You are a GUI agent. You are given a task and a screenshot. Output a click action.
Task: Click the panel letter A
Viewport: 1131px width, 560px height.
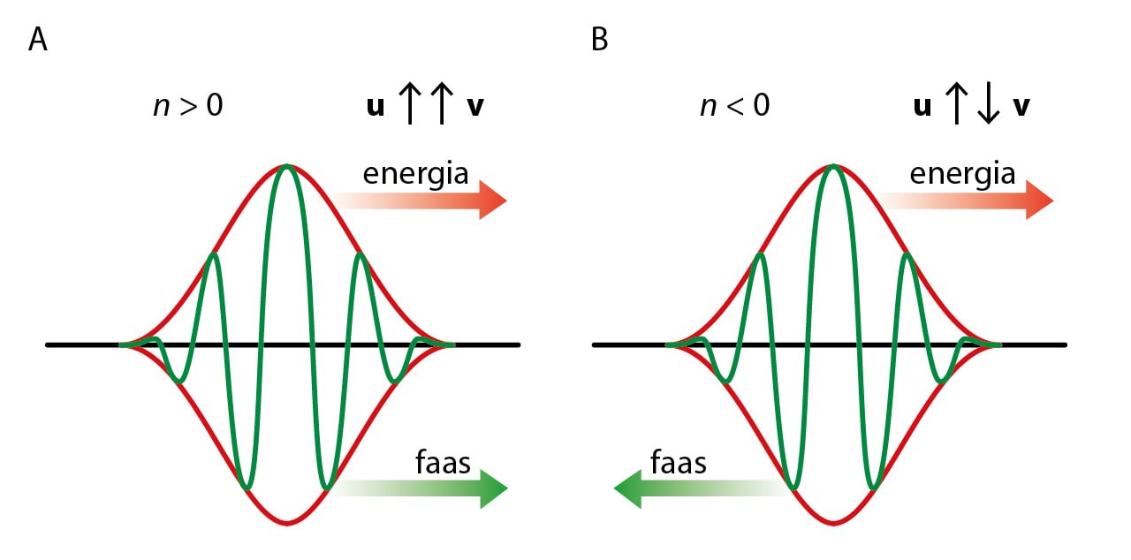(38, 41)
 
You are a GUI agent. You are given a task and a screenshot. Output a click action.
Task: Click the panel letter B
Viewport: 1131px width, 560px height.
(600, 41)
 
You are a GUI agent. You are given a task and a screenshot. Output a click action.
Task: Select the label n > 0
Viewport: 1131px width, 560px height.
(187, 107)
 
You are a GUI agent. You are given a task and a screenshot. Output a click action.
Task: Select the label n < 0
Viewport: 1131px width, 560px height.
(733, 107)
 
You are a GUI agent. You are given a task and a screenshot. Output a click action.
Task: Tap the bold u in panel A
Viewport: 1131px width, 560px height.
(376, 108)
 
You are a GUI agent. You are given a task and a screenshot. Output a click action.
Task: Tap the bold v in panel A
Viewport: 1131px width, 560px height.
(475, 108)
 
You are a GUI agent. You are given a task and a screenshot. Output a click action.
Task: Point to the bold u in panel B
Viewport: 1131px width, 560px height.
(922, 108)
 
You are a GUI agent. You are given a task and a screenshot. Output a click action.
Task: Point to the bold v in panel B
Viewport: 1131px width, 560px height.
(1021, 108)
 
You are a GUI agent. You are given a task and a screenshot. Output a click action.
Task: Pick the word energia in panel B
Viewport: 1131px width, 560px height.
(962, 173)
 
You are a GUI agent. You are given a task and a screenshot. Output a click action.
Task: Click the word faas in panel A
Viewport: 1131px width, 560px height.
(444, 462)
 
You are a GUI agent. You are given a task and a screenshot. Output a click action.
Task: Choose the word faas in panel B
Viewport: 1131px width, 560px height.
(679, 462)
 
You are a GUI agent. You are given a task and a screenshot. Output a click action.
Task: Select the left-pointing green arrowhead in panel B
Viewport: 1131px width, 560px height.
(628, 489)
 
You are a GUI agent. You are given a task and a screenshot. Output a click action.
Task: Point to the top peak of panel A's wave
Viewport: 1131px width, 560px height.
(286, 166)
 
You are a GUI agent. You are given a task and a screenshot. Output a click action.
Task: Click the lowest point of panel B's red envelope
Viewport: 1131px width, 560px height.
(833, 524)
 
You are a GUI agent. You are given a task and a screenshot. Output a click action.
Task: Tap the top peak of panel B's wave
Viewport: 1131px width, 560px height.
(833, 166)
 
